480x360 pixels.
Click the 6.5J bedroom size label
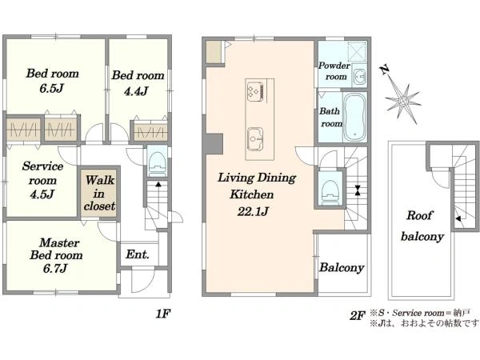[51, 89]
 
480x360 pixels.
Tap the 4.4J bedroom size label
[136, 91]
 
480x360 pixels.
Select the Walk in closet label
[100, 193]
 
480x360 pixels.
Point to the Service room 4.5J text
[42, 180]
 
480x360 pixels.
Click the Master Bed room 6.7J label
[56, 255]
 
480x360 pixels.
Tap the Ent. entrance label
[138, 254]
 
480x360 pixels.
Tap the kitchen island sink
[255, 139]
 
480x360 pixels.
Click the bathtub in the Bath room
[354, 116]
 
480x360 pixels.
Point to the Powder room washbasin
[359, 75]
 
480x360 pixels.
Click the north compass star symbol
[403, 101]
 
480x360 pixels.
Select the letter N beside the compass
[385, 70]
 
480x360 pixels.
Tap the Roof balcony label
[422, 226]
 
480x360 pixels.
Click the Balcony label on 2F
[342, 267]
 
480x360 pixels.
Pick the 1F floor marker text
[163, 314]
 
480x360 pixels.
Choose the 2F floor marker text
[358, 316]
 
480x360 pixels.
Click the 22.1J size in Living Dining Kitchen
[253, 211]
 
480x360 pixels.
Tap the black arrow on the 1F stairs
[158, 184]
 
